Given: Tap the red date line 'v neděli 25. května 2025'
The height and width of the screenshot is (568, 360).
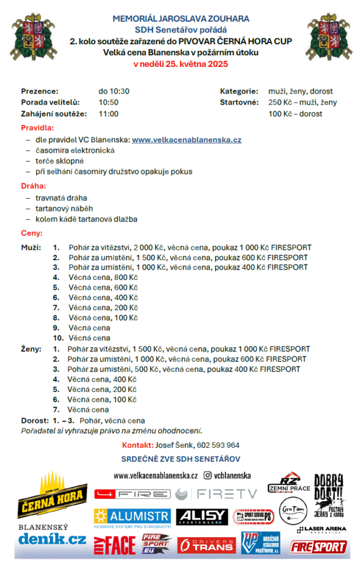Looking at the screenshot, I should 180,64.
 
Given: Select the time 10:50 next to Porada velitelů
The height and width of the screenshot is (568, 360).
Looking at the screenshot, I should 109,102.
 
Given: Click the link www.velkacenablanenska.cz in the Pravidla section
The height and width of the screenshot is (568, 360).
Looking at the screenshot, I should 186,140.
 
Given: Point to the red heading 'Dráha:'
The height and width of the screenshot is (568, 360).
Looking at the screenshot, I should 33,186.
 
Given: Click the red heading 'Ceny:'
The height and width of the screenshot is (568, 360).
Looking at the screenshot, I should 32,233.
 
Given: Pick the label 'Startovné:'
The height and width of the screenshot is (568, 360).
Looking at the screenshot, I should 238,102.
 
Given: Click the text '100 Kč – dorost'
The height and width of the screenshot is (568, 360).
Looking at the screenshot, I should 296,114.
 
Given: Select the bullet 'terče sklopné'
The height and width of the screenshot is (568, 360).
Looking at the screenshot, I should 60,161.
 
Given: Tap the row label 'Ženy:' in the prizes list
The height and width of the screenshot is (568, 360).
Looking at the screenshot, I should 31,349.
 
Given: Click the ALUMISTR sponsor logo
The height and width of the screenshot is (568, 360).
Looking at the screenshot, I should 132,517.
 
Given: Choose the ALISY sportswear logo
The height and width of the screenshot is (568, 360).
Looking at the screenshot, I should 201,516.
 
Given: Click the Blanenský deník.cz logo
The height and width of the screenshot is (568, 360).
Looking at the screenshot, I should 52,535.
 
